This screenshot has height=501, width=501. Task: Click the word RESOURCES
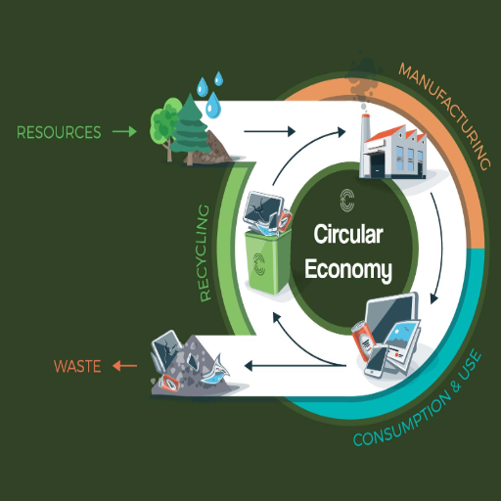point(59,132)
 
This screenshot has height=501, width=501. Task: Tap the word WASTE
point(77,366)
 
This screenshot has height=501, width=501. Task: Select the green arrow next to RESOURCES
point(124,132)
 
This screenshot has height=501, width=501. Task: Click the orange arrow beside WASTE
point(125,366)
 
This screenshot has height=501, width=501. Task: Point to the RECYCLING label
point(205,252)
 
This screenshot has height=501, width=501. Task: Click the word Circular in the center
point(348,234)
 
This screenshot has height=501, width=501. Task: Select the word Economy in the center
point(348,270)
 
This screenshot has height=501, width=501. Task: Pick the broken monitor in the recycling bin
point(263,210)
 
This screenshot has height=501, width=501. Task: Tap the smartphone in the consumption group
point(376,362)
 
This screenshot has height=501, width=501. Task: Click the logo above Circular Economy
point(347,200)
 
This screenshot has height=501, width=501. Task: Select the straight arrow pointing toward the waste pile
point(296,366)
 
